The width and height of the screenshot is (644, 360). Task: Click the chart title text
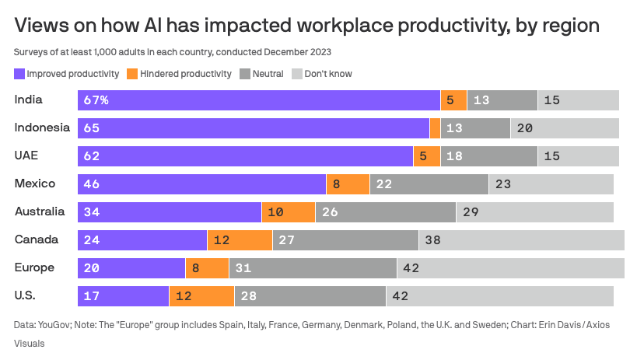coord(307,26)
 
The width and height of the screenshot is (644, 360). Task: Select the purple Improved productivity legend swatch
coord(19,74)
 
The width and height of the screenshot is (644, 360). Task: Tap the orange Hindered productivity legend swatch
coord(132,74)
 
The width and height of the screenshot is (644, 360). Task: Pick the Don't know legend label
coord(327,74)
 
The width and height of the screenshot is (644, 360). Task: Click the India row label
coord(29,100)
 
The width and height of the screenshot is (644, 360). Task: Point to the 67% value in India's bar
coord(96,100)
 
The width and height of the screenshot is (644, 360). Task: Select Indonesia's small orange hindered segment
coord(435,128)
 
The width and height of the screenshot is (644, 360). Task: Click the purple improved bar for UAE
coord(245,156)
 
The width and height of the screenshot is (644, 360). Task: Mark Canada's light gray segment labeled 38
coord(521,240)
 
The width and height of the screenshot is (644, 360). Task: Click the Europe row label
coord(34,267)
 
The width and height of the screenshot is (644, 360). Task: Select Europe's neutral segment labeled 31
coord(313,268)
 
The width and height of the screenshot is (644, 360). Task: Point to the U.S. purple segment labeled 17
coord(123,296)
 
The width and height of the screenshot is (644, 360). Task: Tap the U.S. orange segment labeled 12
coord(201,296)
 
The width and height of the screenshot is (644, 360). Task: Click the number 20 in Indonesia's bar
coord(525,128)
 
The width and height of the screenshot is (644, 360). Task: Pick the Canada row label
coord(36,239)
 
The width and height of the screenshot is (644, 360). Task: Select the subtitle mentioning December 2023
coord(173,53)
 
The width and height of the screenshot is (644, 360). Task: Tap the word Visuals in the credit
coord(31,342)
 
